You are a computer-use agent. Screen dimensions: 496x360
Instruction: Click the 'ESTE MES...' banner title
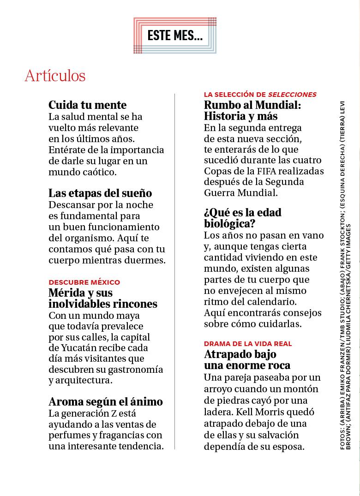coord(175,36)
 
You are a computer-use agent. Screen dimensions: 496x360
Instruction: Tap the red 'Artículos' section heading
coord(55,76)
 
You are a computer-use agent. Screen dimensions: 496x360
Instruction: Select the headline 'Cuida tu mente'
coord(87,105)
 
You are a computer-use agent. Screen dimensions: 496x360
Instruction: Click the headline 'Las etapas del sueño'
coord(100,193)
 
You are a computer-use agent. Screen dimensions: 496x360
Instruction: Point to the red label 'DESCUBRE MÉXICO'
coord(84,282)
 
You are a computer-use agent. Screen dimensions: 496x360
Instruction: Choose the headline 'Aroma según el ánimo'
coord(106,401)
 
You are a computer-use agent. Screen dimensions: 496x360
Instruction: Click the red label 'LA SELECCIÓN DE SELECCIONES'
coord(260,94)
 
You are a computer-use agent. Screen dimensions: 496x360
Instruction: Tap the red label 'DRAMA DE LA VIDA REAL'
coord(248,344)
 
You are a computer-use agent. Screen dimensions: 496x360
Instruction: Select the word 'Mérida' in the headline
coord(65,293)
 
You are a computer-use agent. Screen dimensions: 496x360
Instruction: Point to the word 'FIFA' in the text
coord(264,171)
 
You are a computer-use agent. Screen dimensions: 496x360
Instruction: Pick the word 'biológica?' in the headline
coord(230,224)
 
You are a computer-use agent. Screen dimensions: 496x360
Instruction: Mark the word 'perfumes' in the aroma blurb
coord(68,435)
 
